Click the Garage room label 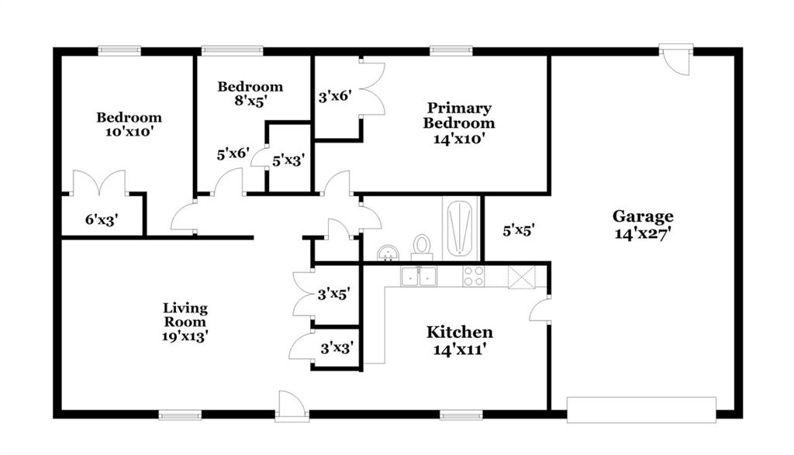pos(643,216)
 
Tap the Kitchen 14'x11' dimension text pos(460,350)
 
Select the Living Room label pos(185,315)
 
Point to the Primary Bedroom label pos(459,115)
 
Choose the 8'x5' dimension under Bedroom pos(250,101)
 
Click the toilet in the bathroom pos(421,246)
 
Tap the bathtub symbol pos(461,228)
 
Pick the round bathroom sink pos(388,253)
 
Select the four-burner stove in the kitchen pos(474,277)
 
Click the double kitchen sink pos(419,277)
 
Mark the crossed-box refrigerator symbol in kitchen pos(522,277)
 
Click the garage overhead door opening pos(641,410)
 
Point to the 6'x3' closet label pos(102,219)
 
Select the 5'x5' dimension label pos(519,231)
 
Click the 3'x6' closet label pos(335,95)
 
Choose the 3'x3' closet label pos(337,348)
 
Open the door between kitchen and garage pos(540,309)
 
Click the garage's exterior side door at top pos(676,60)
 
